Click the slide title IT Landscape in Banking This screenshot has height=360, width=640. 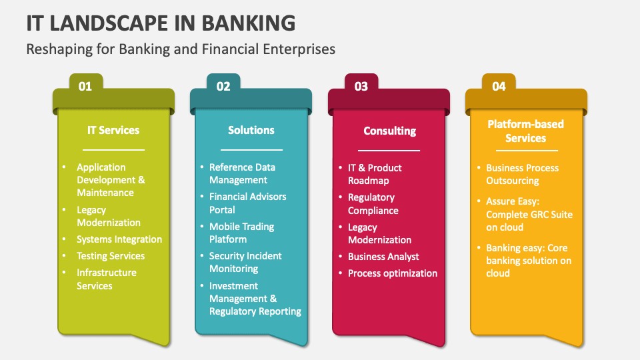(x=161, y=23)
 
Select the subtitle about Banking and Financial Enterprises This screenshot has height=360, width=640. (x=180, y=49)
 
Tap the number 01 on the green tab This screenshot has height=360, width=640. (x=85, y=86)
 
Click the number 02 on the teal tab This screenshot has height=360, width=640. (x=223, y=86)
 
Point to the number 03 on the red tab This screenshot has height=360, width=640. (x=361, y=86)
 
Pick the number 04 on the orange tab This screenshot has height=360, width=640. (x=499, y=86)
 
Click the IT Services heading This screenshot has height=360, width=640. (x=113, y=130)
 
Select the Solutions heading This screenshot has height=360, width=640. (x=251, y=130)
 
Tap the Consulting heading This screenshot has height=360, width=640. (x=389, y=131)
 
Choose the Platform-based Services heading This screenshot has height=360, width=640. (x=525, y=131)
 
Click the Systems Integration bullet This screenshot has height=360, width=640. (x=119, y=239)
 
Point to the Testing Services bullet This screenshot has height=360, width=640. (x=111, y=256)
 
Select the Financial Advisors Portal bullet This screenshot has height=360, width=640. (x=248, y=203)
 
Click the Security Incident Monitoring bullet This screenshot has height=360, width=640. (x=245, y=262)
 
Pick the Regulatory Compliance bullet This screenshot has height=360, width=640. (x=373, y=204)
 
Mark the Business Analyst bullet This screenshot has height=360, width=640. (x=383, y=257)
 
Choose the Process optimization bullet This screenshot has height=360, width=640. (x=393, y=273)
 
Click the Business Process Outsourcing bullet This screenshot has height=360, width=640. (x=523, y=175)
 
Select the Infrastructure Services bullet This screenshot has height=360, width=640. (x=107, y=279)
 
